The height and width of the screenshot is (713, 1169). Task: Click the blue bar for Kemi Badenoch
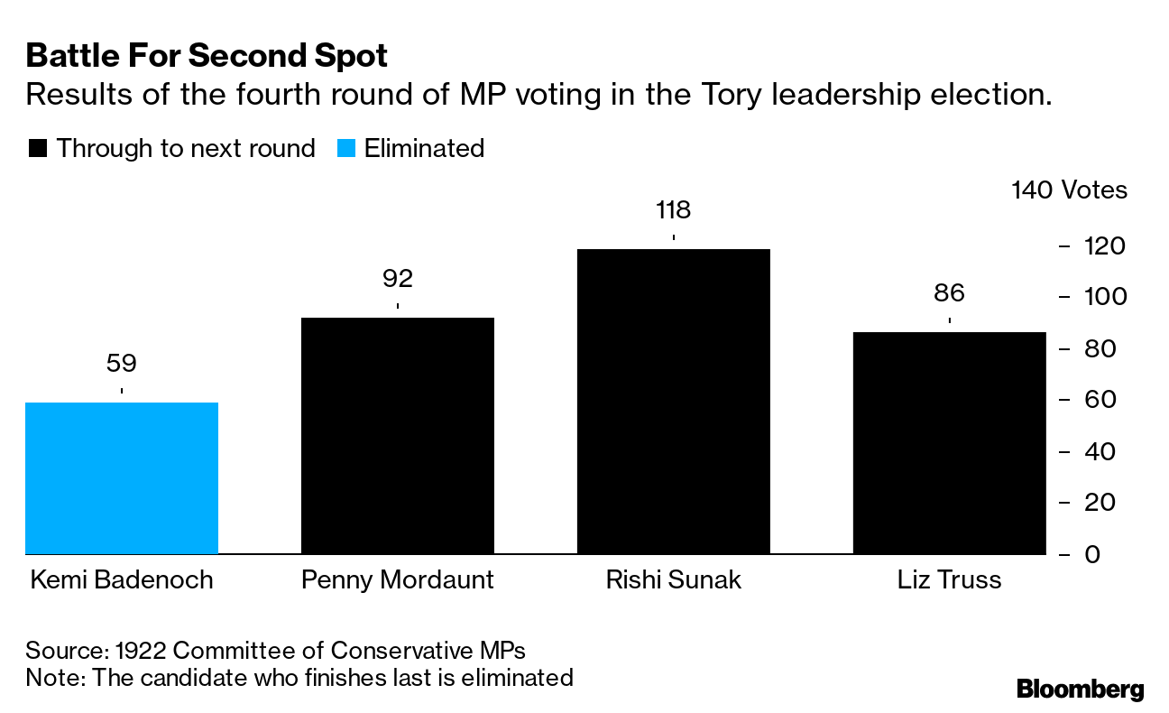[x=122, y=477]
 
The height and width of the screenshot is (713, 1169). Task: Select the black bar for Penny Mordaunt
[x=397, y=435]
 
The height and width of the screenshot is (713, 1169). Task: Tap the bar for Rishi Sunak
[x=673, y=401]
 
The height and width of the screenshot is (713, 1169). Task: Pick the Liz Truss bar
[x=949, y=442]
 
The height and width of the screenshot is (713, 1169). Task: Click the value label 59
[x=122, y=364]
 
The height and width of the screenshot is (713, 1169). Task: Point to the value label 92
[x=397, y=279]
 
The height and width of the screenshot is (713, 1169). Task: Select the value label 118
[x=673, y=210]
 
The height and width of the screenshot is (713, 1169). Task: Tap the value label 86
[x=949, y=293]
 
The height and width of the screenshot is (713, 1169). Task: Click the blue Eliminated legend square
[x=346, y=149]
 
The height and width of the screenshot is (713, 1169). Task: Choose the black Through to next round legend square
[x=38, y=149]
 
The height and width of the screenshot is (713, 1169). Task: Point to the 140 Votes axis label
[x=1070, y=190]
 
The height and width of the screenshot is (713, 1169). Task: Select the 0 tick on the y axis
[x=1092, y=554]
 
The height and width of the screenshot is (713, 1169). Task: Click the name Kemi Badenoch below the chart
[x=122, y=579]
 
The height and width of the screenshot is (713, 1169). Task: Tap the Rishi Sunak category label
[x=673, y=579]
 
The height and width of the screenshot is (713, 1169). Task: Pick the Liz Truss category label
[x=949, y=579]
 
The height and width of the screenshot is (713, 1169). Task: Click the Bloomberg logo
[x=1080, y=690]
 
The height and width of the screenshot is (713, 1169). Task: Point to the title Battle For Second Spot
[x=207, y=56]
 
